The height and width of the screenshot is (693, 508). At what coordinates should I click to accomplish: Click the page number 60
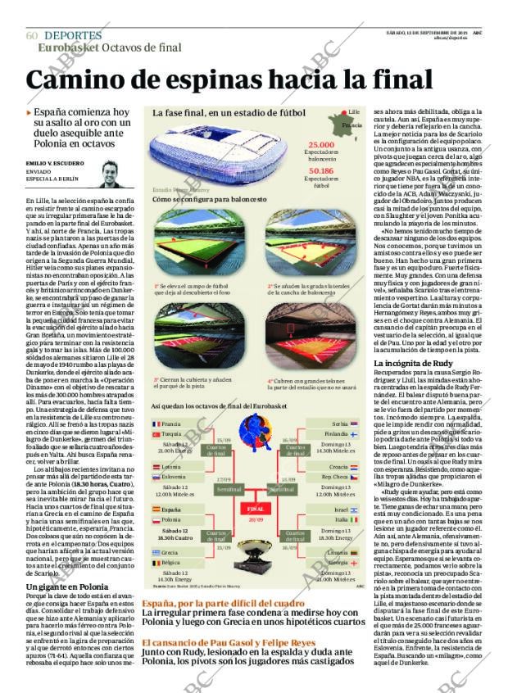32,36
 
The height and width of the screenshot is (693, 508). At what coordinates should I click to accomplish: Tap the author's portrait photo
110,174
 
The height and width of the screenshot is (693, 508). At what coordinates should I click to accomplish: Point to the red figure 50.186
320,171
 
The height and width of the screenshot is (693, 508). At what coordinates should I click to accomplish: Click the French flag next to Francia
156,423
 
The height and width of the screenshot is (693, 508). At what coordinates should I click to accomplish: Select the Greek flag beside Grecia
156,552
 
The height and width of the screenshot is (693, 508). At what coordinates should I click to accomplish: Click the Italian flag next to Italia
353,519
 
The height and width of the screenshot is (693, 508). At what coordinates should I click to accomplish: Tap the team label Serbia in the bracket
338,423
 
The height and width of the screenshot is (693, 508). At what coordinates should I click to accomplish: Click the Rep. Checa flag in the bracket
353,477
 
